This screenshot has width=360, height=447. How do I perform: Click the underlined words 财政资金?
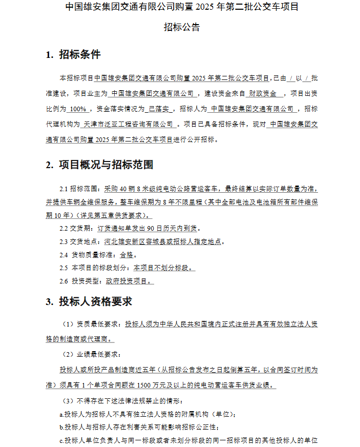[263, 94]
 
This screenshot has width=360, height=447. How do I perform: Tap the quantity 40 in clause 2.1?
[123, 189]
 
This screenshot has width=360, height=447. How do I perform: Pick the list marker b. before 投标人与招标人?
[61, 427]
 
